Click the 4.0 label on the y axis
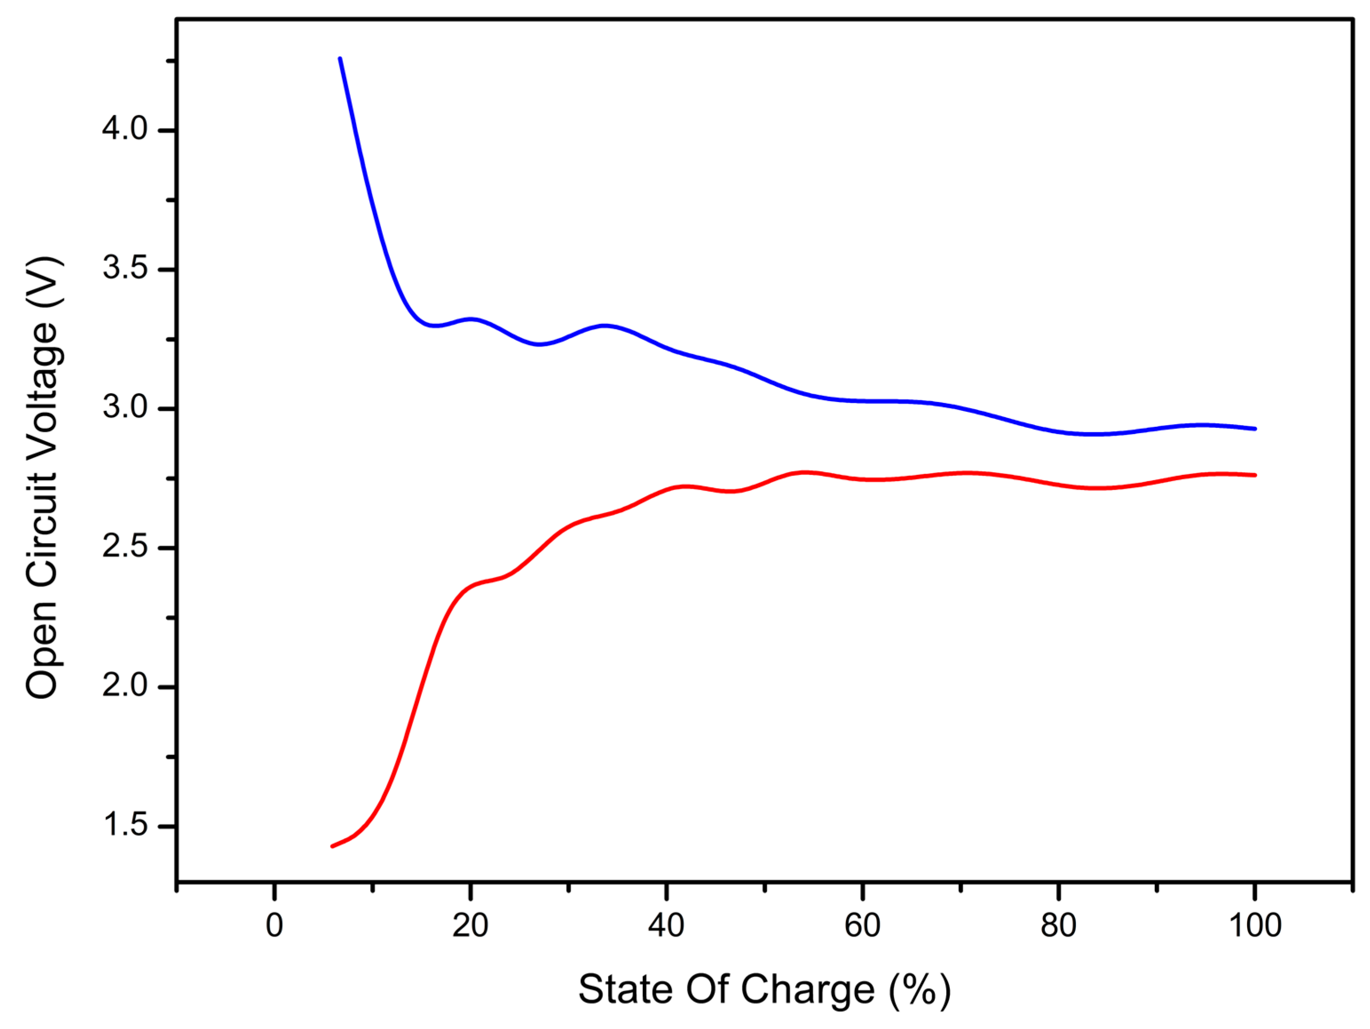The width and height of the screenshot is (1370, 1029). coord(125,130)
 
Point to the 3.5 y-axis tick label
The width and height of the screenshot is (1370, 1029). coord(125,269)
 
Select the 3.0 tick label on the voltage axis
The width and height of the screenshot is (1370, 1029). coord(125,408)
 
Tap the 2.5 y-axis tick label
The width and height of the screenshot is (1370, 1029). coord(125,548)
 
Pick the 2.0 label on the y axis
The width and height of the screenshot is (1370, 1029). coord(125,686)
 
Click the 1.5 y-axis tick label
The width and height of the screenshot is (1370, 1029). coord(125,826)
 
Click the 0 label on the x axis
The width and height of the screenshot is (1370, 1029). coord(274,926)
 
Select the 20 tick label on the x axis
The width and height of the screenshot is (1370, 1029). coord(470,926)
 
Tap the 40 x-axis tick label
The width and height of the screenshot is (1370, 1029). coord(666,926)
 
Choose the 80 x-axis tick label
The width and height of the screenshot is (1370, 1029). coord(1059,926)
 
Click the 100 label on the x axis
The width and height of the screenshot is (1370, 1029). coord(1255,926)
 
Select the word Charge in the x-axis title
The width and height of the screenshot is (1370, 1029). coord(807,990)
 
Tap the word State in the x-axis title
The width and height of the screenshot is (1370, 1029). coord(626,990)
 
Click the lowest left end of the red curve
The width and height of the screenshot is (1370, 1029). coord(333,846)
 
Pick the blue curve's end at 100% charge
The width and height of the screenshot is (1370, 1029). coord(1255,429)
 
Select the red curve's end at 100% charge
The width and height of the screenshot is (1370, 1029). coord(1255,475)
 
